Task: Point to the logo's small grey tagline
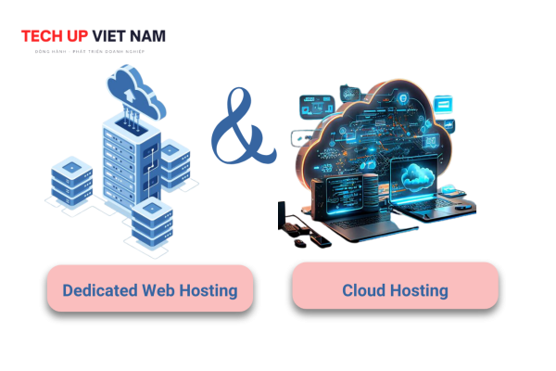[x=93, y=52]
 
